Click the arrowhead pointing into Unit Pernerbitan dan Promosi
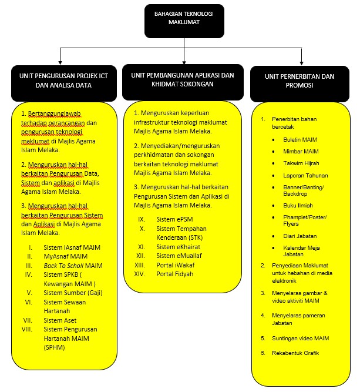tap(301, 61)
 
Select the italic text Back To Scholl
tap(64, 266)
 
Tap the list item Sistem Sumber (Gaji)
tap(73, 292)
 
